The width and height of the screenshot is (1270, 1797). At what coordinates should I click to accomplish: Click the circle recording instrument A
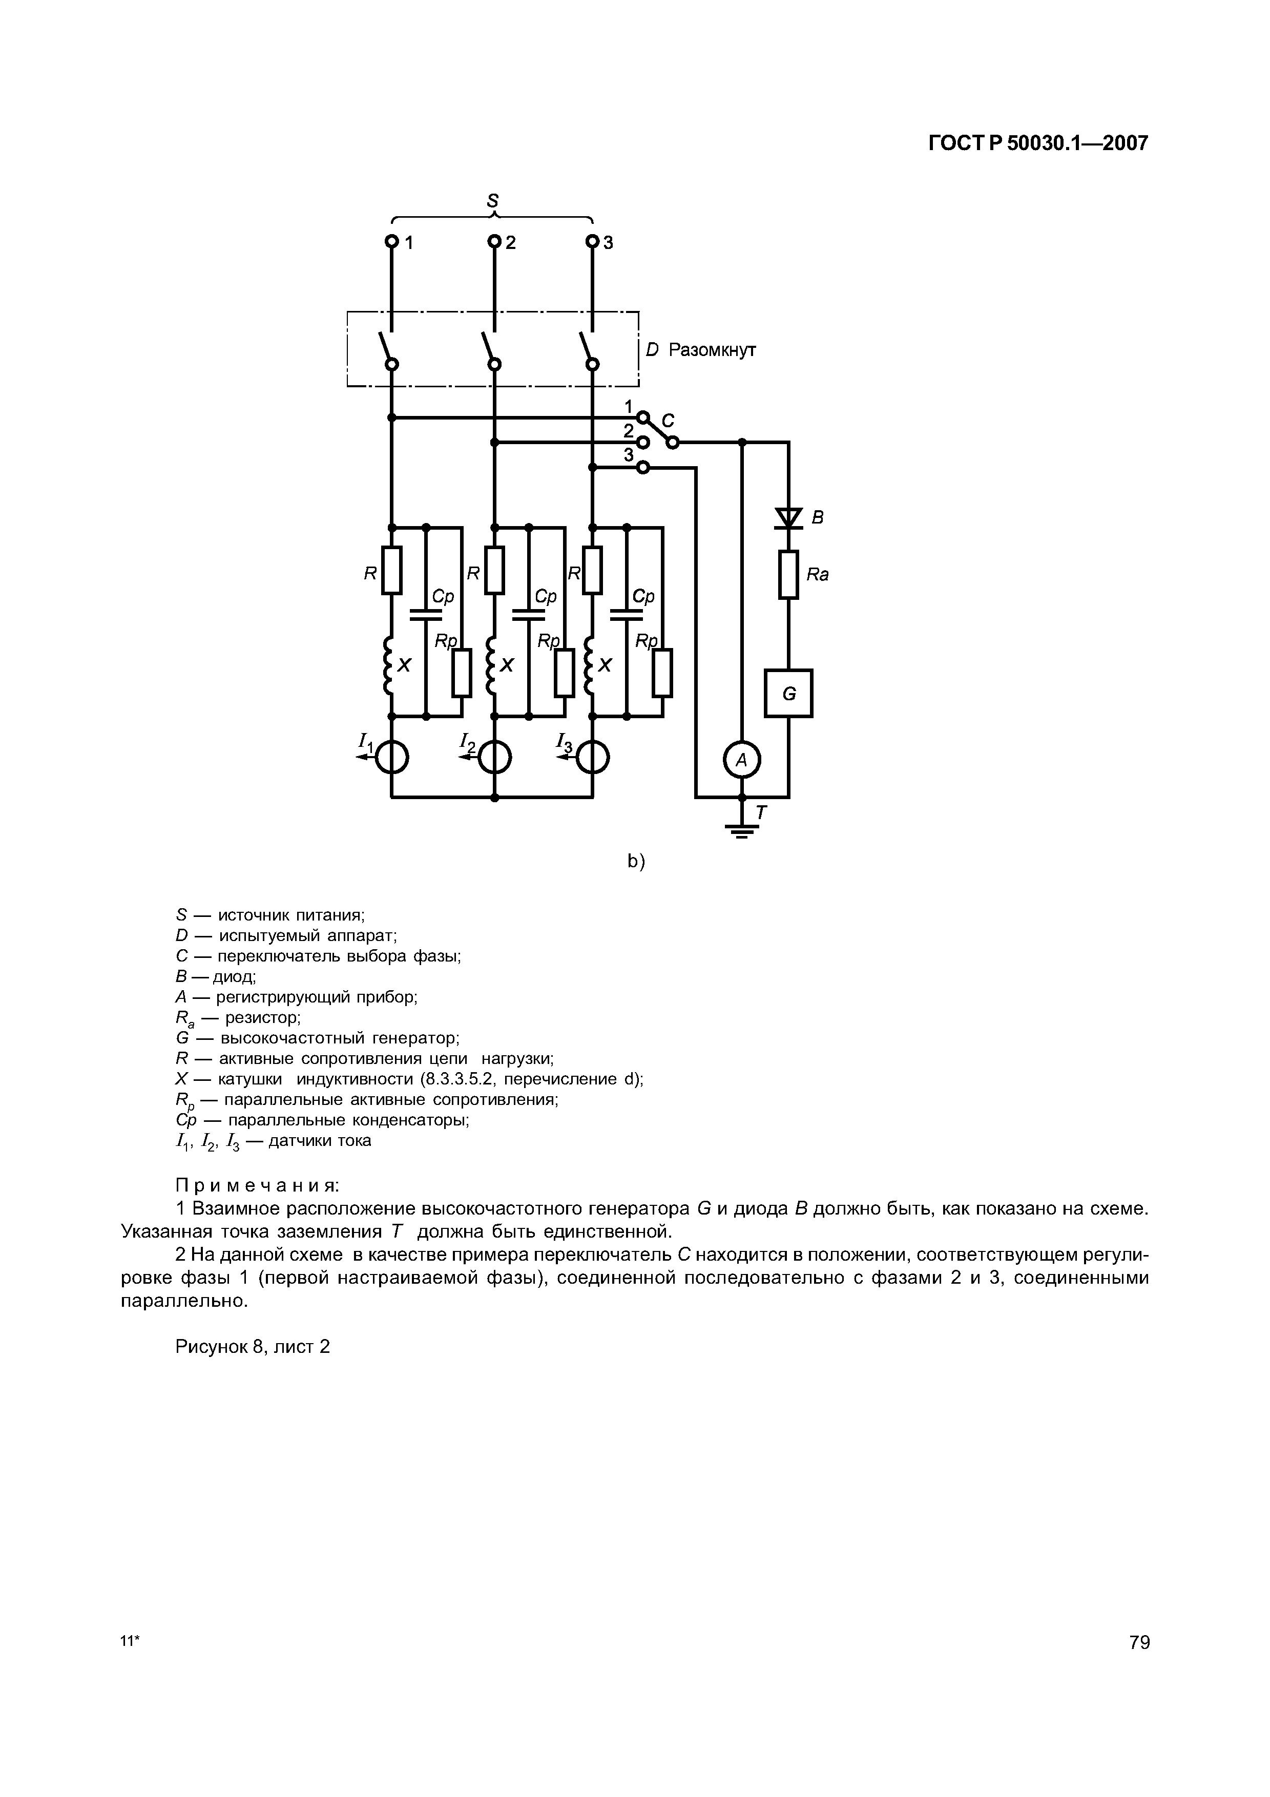742,760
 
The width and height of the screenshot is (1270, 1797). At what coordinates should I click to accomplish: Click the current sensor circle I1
391,757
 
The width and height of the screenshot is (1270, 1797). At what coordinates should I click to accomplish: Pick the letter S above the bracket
492,200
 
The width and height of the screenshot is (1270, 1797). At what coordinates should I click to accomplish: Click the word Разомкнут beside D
712,350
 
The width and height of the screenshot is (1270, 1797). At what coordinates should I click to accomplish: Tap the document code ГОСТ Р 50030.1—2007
1037,143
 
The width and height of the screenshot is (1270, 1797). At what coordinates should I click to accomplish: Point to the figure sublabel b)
635,862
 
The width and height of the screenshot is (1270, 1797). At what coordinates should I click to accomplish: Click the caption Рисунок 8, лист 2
253,1346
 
